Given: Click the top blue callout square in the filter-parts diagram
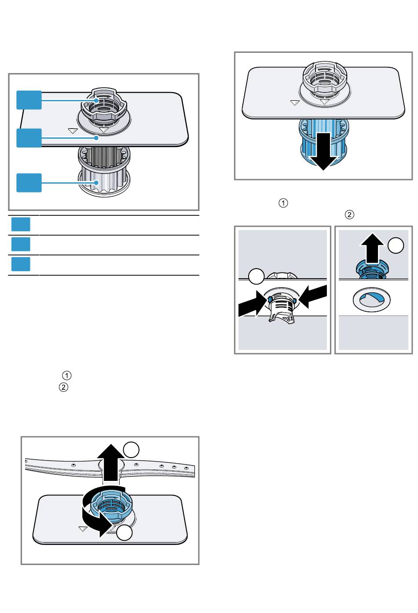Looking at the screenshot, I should [29, 100].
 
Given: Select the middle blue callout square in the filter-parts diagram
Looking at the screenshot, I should [29, 138].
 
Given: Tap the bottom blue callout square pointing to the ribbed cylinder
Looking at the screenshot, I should [29, 183].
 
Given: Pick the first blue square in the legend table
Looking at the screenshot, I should [21, 224].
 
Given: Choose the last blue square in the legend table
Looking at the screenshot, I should [21, 264].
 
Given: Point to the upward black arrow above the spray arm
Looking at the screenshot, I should [110, 462].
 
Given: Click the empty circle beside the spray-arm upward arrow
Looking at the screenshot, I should [132, 450].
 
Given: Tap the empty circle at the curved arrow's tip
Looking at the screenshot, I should [125, 532].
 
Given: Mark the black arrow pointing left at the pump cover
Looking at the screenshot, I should [313, 295].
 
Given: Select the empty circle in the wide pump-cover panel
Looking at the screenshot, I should [256, 277].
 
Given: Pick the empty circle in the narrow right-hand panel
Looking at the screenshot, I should [396, 246].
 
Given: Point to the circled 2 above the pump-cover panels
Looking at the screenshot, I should [349, 215].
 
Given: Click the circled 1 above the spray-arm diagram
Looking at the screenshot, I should [66, 376].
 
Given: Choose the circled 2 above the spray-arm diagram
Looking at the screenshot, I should [63, 388].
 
